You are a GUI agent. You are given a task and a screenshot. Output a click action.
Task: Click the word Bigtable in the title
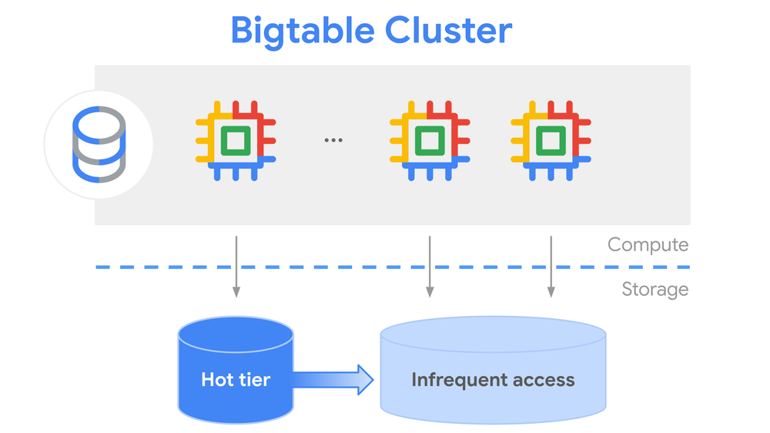click(302, 31)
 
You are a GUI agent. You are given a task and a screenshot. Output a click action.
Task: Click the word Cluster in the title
click(448, 31)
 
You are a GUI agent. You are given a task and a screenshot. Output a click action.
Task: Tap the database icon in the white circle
click(98, 145)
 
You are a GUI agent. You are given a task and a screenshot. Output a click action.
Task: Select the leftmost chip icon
click(236, 141)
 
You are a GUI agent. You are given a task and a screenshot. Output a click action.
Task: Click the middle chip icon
click(429, 141)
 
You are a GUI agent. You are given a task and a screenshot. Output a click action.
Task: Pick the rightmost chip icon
click(551, 141)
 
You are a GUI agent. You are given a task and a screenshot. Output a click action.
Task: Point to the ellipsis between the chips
click(333, 140)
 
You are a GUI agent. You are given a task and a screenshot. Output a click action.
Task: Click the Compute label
click(648, 245)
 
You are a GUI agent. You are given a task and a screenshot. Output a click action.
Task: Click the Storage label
click(654, 290)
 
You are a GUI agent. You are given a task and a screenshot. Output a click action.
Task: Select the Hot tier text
click(236, 379)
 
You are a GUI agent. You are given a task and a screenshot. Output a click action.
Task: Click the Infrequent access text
click(493, 379)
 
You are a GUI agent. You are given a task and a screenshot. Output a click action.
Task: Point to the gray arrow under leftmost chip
click(236, 266)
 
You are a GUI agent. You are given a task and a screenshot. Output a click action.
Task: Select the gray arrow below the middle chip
click(429, 266)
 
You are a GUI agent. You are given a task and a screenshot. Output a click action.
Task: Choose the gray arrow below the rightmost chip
click(551, 266)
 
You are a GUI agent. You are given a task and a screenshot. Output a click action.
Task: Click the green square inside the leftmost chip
click(236, 141)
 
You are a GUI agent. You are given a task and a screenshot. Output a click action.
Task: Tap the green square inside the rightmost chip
click(551, 141)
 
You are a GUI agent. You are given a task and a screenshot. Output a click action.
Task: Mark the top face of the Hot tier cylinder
click(236, 332)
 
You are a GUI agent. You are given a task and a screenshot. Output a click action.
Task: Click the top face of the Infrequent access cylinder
click(493, 334)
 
